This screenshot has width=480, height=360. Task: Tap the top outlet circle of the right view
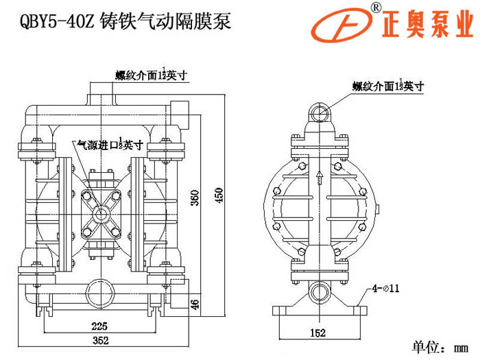coord(317,110)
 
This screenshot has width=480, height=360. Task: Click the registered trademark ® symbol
coord(376,8)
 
